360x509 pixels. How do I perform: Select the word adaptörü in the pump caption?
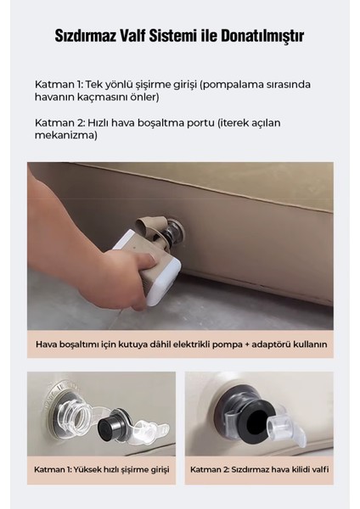coord(266,344)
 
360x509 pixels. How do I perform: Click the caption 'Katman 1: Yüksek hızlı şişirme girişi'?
coord(101,469)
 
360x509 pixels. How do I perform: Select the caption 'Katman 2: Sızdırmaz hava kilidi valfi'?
coord(259,469)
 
